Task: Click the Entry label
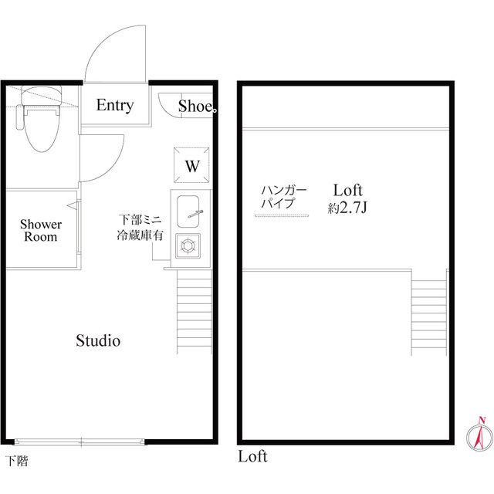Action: [x=115, y=106]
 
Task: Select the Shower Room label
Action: [x=41, y=230]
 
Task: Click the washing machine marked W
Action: [x=191, y=165]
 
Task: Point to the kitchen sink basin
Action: [x=188, y=211]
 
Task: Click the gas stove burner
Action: [x=188, y=245]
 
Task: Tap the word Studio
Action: [x=98, y=340]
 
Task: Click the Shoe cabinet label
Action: [x=195, y=106]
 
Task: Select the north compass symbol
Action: [x=479, y=435]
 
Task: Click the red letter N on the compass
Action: [x=482, y=420]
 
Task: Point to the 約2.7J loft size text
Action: [x=347, y=208]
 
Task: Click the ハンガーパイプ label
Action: [x=284, y=197]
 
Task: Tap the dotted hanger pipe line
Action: [x=282, y=216]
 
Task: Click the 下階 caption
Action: [x=18, y=461]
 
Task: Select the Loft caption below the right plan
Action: [x=252, y=456]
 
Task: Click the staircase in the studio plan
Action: [x=195, y=312]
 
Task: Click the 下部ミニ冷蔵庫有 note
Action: [x=140, y=228]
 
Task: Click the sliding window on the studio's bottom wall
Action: [x=80, y=442]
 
